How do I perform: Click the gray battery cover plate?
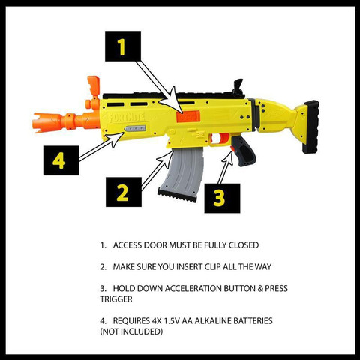coord(136,130)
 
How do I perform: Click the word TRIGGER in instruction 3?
coord(117,298)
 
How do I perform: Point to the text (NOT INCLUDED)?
coord(130,331)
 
